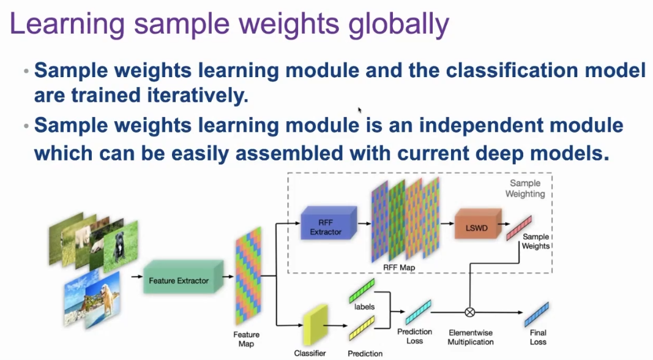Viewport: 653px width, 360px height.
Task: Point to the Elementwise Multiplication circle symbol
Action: point(470,312)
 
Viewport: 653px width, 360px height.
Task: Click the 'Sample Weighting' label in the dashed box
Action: point(525,189)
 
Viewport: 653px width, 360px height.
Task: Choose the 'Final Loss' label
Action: point(537,337)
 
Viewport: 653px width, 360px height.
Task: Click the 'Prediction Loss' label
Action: point(414,336)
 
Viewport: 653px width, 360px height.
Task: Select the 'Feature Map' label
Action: point(246,339)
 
